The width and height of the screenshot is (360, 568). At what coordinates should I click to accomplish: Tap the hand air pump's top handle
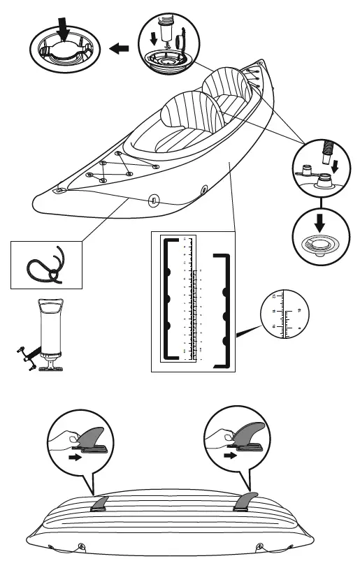(52, 305)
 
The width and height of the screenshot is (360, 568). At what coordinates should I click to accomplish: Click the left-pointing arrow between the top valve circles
(120, 48)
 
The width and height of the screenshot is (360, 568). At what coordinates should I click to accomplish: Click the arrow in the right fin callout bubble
(229, 454)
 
